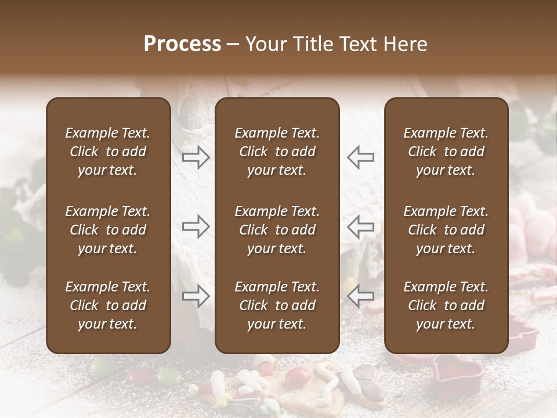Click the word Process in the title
tap(182, 44)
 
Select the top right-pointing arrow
tap(196, 157)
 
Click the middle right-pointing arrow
tap(196, 226)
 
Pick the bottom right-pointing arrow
tap(196, 296)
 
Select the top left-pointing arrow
tap(361, 157)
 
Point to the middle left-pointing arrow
tap(361, 226)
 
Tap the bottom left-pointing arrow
tap(361, 296)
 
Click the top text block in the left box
tap(108, 152)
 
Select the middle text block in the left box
tap(108, 230)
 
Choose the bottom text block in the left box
tap(108, 305)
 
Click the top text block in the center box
tap(277, 152)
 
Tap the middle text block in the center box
tap(277, 230)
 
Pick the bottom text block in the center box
tap(277, 305)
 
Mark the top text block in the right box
tap(446, 152)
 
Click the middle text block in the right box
tap(446, 230)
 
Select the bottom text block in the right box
tap(446, 305)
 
